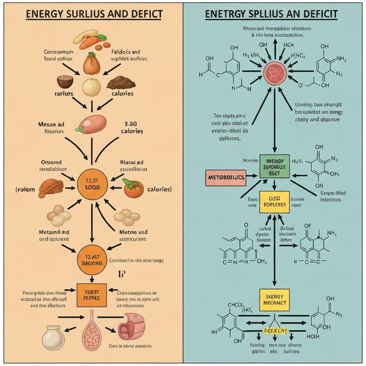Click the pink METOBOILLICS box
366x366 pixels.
click(x=226, y=178)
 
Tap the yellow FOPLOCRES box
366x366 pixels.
click(x=274, y=202)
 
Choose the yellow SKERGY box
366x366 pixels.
click(x=274, y=300)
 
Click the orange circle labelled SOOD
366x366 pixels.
click(x=93, y=184)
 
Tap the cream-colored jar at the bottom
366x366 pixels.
click(x=53, y=337)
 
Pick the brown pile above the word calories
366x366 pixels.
click(x=121, y=83)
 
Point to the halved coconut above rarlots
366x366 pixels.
click(x=65, y=82)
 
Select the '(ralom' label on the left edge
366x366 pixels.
click(x=25, y=189)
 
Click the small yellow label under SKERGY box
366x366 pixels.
click(x=274, y=331)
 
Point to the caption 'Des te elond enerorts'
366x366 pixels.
click(x=130, y=346)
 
